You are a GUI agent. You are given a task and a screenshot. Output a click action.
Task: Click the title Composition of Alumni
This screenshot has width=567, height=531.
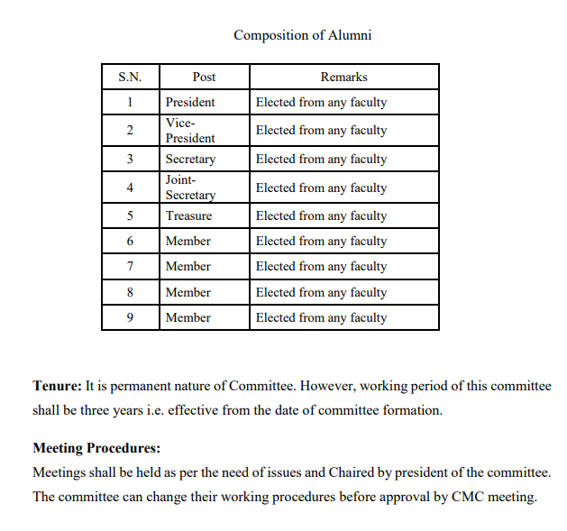pyautogui.click(x=302, y=35)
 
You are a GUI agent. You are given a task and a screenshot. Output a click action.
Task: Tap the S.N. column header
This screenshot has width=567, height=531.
pyautogui.click(x=130, y=77)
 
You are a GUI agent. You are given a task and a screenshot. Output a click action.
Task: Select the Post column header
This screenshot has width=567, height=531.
pyautogui.click(x=204, y=77)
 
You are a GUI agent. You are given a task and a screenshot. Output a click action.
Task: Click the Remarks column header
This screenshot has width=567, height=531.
pyautogui.click(x=343, y=77)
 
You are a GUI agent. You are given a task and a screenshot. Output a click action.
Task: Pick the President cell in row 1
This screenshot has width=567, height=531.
pyautogui.click(x=190, y=102)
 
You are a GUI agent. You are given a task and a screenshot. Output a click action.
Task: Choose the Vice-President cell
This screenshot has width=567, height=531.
pyautogui.click(x=190, y=130)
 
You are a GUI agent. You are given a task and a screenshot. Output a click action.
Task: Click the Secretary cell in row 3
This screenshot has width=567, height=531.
pyautogui.click(x=190, y=159)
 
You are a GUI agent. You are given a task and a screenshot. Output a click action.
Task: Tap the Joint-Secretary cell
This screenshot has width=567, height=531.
pyautogui.click(x=190, y=188)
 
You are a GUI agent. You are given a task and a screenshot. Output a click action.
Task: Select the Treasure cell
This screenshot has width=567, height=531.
pyautogui.click(x=188, y=215)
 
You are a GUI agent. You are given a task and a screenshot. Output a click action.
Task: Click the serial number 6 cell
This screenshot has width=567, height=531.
pyautogui.click(x=130, y=241)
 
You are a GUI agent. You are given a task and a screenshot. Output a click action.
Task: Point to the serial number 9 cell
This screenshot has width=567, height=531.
pyautogui.click(x=130, y=317)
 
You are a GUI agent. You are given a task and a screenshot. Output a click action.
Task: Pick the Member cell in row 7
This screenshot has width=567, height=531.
pyautogui.click(x=187, y=266)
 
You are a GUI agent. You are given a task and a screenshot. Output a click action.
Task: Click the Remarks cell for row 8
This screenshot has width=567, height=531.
pyautogui.click(x=321, y=292)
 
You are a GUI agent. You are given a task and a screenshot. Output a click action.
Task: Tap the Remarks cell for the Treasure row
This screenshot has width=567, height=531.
pyautogui.click(x=321, y=215)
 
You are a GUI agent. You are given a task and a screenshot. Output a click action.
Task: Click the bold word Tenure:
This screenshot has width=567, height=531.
pyautogui.click(x=57, y=386)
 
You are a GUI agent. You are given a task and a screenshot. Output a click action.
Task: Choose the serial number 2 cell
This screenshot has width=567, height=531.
pyautogui.click(x=130, y=130)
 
